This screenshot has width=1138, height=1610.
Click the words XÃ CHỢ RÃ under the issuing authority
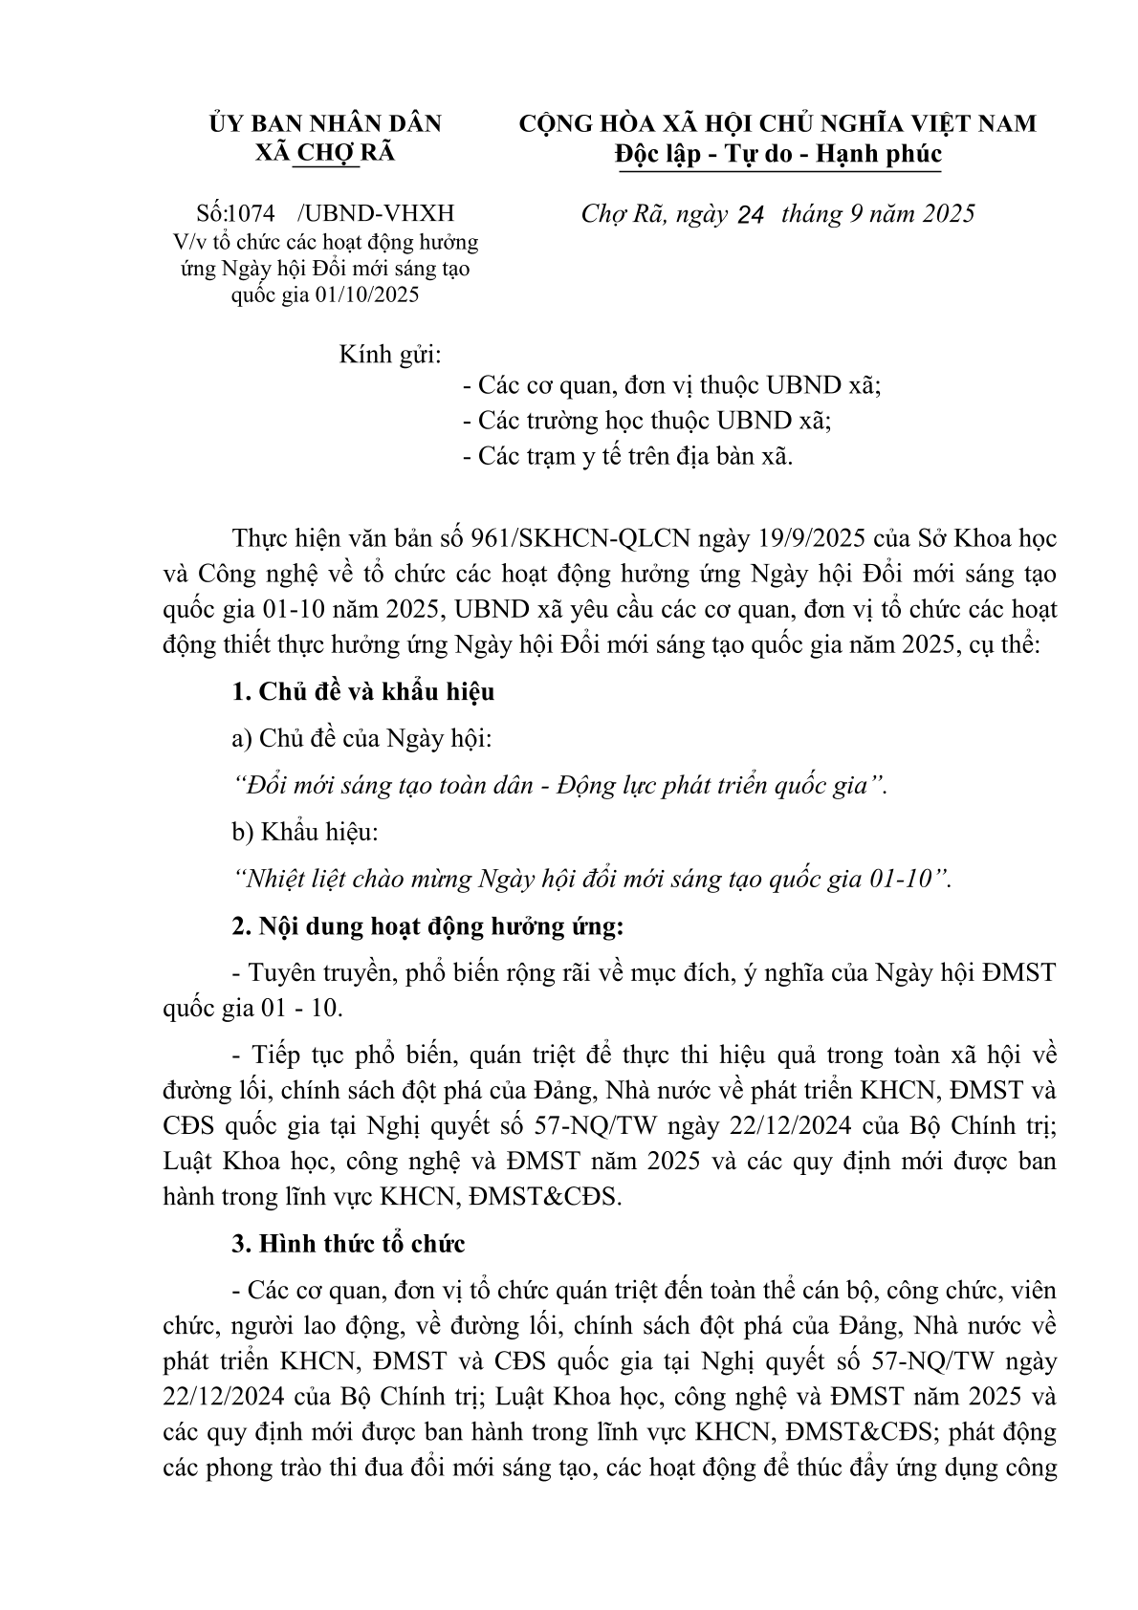pos(326,153)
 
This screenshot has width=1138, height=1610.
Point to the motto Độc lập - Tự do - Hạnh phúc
pos(778,153)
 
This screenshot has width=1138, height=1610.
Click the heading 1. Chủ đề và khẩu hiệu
pos(363,691)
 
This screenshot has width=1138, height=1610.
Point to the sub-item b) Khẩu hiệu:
pos(306,832)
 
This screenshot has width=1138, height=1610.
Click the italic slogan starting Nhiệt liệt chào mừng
pos(593,879)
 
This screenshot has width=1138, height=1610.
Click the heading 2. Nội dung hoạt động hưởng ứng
pos(427,925)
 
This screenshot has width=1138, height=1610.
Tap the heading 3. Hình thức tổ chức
pos(349,1244)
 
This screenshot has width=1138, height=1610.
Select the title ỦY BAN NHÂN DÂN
pos(326,123)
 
